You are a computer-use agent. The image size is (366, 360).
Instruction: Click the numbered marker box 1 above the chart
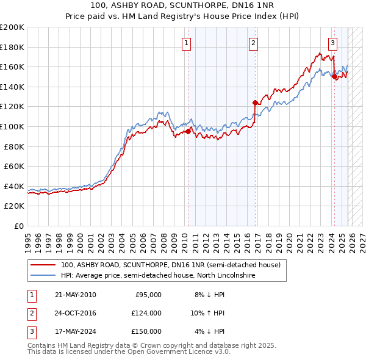pyautogui.click(x=185, y=43)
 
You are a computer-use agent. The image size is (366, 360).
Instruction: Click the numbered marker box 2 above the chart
pyautogui.click(x=253, y=43)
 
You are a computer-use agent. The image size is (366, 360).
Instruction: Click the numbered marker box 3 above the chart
pyautogui.click(x=332, y=43)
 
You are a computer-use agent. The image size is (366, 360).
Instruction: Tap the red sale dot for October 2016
pyautogui.click(x=255, y=103)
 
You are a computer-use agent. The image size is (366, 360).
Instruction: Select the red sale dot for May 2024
pyautogui.click(x=334, y=76)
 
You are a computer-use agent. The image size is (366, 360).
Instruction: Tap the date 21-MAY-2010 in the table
pyautogui.click(x=75, y=295)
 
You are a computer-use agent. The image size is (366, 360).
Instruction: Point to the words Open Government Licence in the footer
pyautogui.click(x=180, y=352)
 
